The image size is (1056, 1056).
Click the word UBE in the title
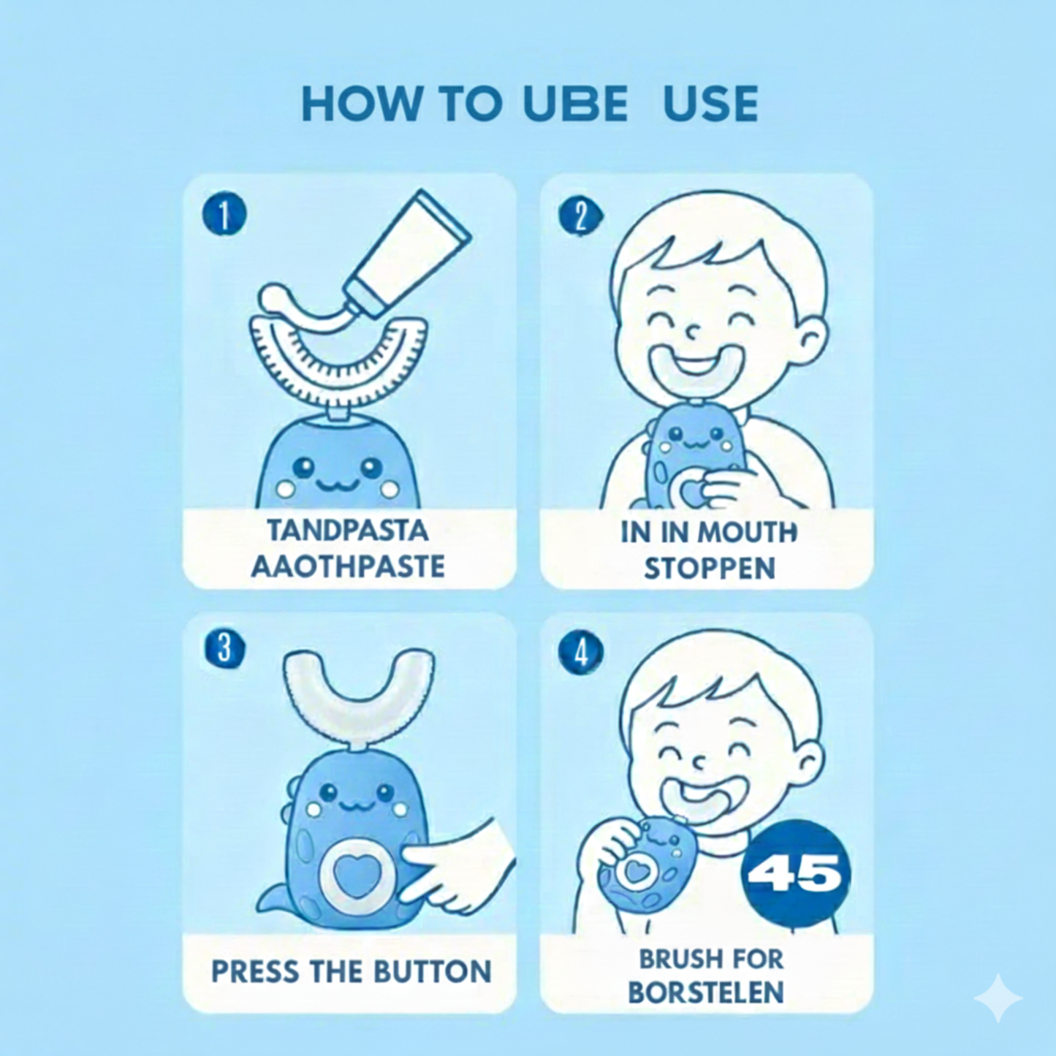(x=575, y=104)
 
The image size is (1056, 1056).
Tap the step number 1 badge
(x=224, y=214)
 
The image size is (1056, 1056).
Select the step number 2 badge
(x=580, y=216)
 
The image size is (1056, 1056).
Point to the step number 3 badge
(x=224, y=648)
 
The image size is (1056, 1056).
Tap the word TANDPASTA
(x=347, y=530)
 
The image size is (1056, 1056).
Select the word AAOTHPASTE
(x=347, y=566)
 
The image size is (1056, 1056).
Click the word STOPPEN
(x=709, y=569)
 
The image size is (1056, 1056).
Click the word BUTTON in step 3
(x=433, y=972)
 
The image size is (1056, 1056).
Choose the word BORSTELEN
(x=706, y=992)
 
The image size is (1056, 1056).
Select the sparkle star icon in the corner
(x=998, y=998)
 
